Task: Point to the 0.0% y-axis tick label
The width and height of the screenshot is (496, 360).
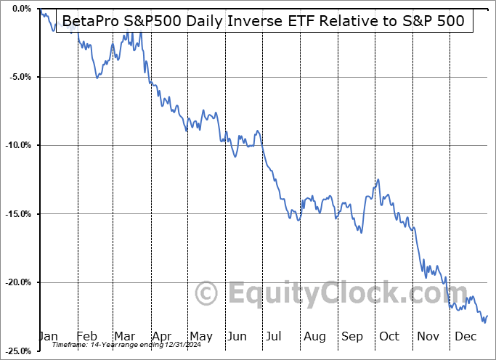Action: (20, 9)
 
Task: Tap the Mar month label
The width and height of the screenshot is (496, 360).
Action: (123, 336)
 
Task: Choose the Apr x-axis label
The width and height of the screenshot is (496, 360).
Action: (160, 336)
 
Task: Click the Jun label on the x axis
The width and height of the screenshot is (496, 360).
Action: (237, 336)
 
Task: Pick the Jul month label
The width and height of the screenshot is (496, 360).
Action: (274, 336)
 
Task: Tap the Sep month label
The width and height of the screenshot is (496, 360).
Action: (351, 336)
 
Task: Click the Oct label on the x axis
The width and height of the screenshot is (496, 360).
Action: (389, 336)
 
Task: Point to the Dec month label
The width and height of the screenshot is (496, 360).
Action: (465, 336)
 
